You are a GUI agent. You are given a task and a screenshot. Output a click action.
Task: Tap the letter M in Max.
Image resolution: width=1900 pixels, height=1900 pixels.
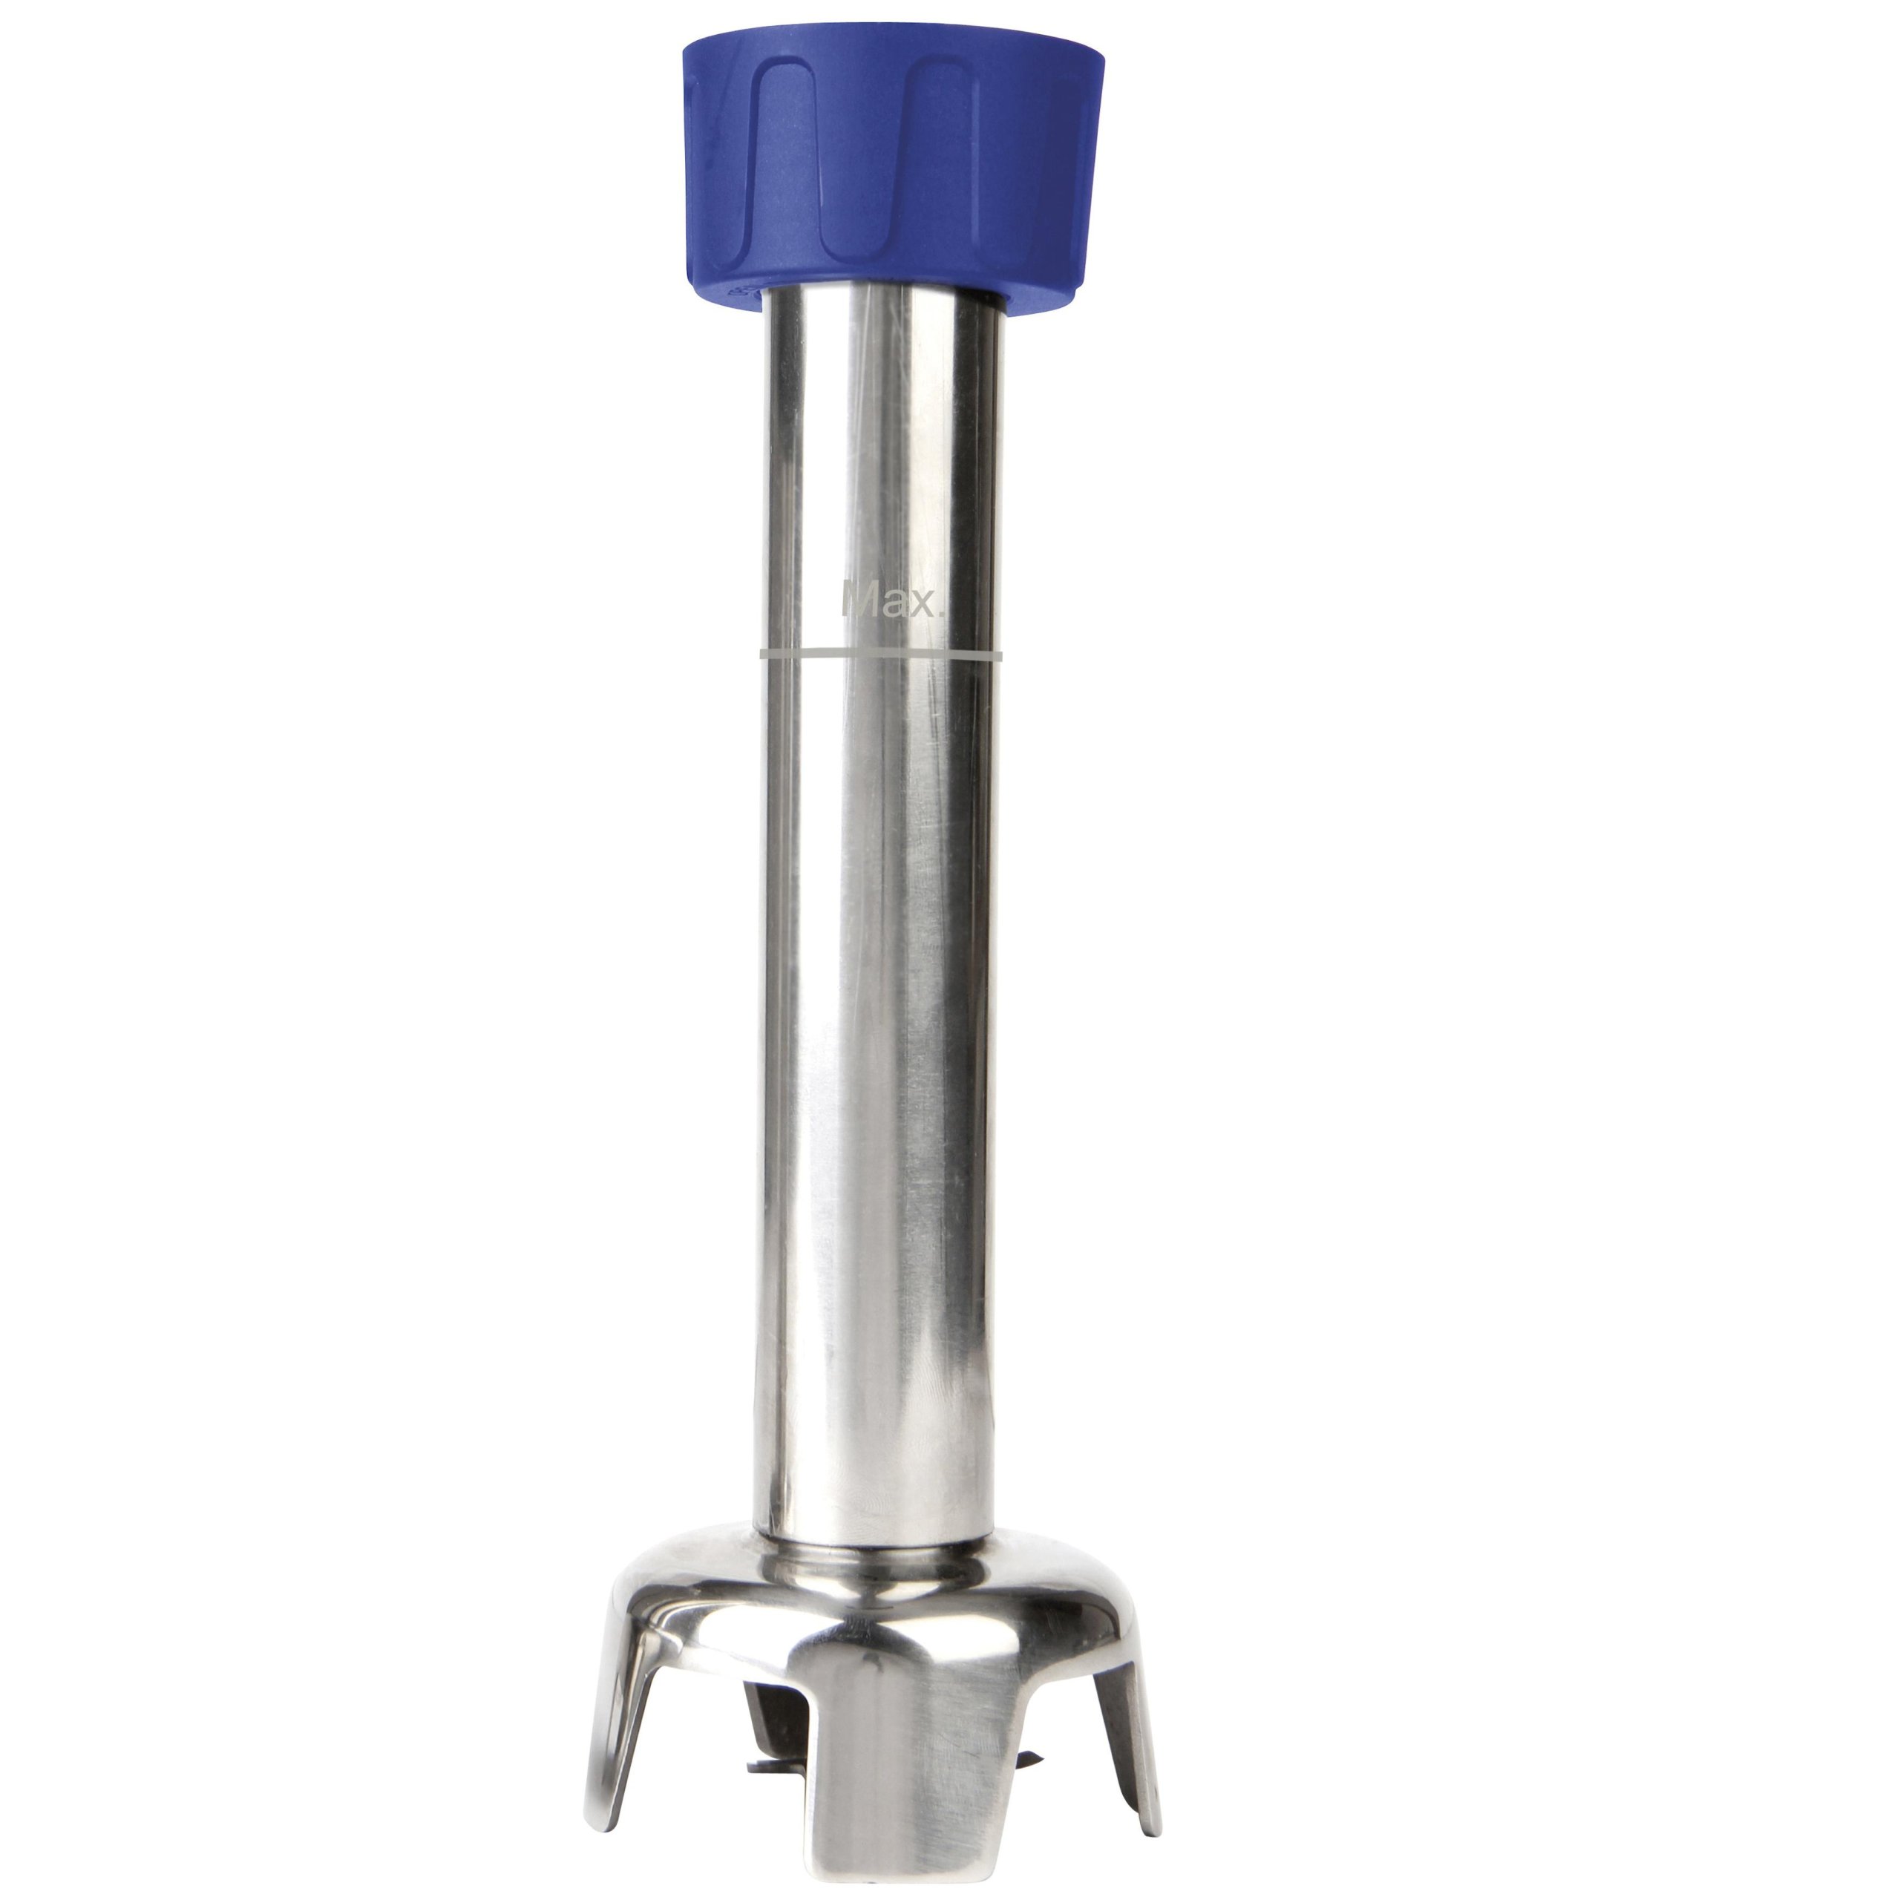click(x=859, y=599)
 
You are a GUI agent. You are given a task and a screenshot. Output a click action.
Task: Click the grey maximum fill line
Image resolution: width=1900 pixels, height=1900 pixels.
click(x=881, y=653)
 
